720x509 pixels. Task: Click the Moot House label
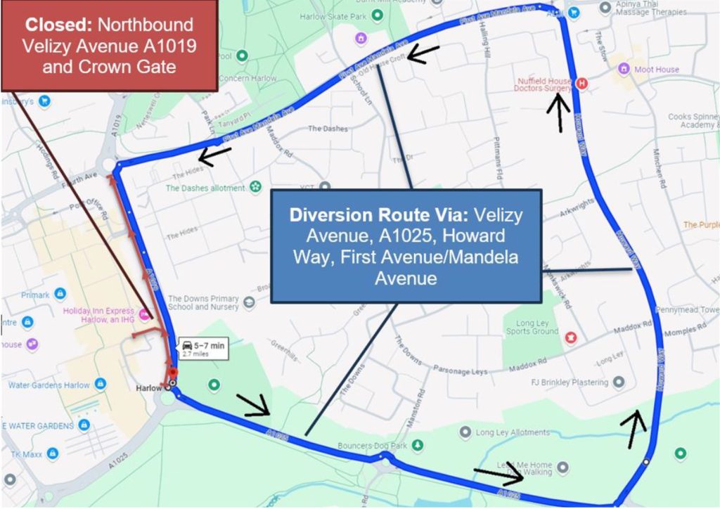657,69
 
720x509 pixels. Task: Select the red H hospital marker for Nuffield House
581,84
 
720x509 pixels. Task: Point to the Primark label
35,295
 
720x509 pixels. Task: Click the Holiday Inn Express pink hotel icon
144,314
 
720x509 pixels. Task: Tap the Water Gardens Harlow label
49,385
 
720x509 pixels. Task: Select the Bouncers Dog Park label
372,445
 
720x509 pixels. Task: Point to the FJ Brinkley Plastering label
570,382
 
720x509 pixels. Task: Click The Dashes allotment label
205,188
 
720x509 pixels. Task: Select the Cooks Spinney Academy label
693,120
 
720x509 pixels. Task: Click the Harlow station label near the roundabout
149,387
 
